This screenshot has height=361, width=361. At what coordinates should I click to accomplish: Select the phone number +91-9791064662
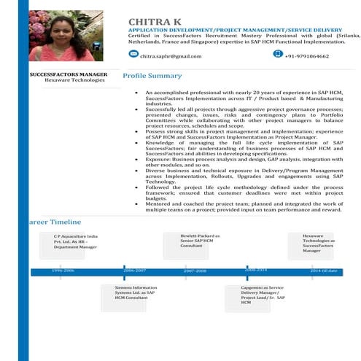(306, 56)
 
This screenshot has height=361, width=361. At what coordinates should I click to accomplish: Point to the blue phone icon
(277, 54)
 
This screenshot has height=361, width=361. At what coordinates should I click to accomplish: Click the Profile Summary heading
(152, 76)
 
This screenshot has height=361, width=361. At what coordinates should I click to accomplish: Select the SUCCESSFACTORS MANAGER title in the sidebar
(69, 75)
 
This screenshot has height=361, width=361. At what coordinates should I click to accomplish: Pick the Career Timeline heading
(55, 221)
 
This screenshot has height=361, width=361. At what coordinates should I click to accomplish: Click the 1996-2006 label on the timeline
(63, 271)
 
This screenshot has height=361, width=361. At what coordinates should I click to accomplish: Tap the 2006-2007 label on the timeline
(135, 271)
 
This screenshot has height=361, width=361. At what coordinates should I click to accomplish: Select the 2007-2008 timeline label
(195, 271)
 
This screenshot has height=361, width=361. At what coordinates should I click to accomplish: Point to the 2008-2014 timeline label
(256, 270)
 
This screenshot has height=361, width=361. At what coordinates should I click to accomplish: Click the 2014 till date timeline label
(324, 271)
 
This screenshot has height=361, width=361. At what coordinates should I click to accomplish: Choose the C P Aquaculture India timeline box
(74, 242)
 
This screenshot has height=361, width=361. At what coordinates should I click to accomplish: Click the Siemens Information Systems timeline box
(136, 293)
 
